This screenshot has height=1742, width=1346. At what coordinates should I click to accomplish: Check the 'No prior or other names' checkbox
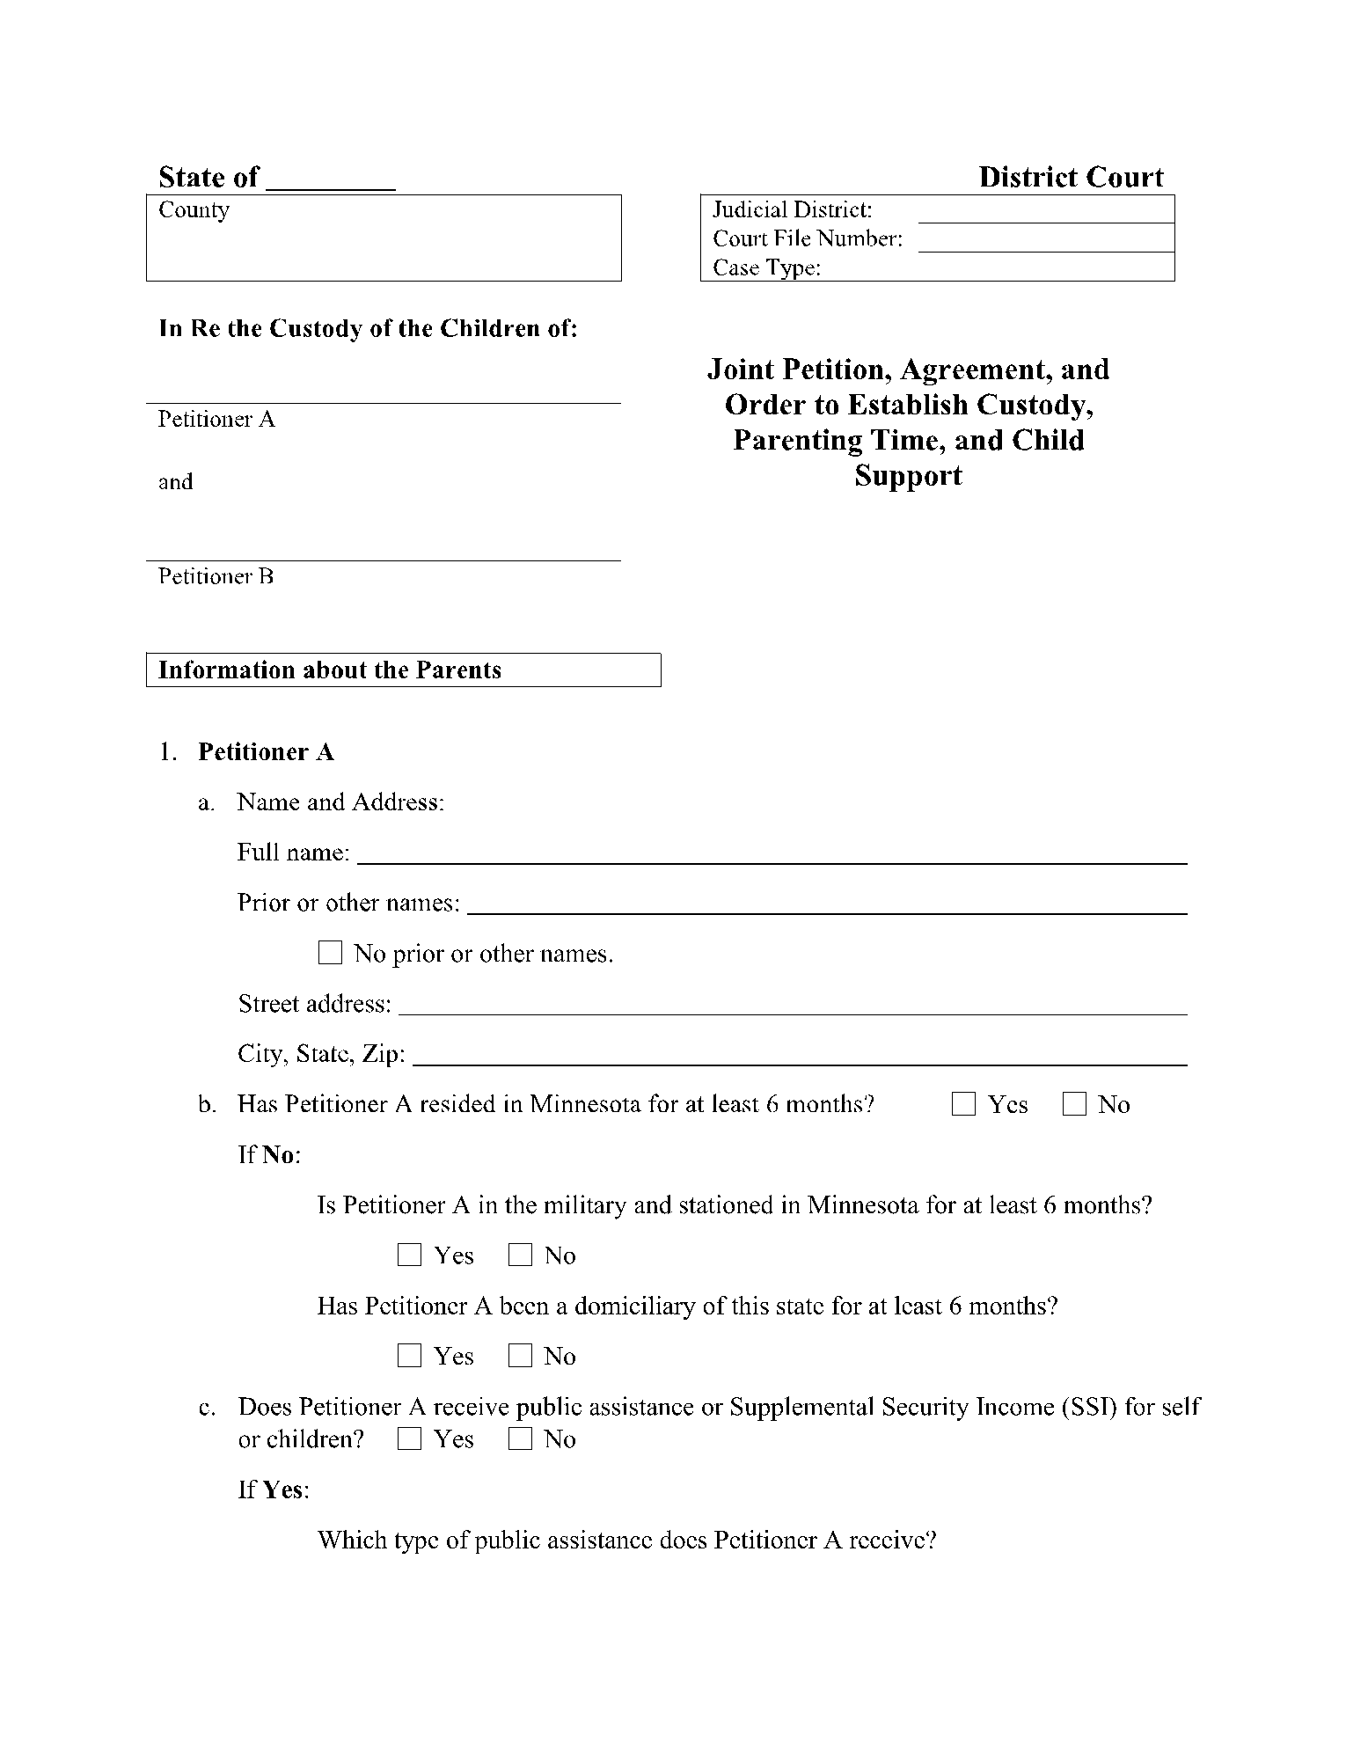(x=330, y=953)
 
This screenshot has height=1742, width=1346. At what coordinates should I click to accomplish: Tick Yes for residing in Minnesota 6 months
(x=964, y=1104)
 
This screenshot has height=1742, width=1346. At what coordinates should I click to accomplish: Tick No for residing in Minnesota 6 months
(x=1074, y=1104)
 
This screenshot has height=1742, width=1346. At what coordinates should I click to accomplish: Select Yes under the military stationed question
(x=409, y=1255)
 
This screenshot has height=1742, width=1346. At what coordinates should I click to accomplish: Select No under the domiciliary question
(x=520, y=1356)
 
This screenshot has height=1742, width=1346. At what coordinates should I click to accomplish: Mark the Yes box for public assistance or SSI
(x=409, y=1439)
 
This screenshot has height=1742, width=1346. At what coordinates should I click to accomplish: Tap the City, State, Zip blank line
(x=799, y=1057)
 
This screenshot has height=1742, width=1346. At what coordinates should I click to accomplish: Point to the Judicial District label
(x=792, y=210)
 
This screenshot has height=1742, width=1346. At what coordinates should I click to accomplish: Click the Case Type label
(x=766, y=267)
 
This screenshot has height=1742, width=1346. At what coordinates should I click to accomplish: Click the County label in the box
(x=194, y=210)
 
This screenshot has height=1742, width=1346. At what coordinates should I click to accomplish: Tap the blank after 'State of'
(x=330, y=179)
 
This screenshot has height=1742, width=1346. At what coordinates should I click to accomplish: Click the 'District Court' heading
(x=1071, y=178)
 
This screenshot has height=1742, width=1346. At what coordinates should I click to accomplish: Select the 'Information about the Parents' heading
(x=329, y=670)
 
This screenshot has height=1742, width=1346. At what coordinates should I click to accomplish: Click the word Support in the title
(x=908, y=476)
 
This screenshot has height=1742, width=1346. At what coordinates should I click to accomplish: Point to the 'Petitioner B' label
(x=216, y=576)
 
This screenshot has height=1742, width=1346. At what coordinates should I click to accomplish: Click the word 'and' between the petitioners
(x=175, y=482)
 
